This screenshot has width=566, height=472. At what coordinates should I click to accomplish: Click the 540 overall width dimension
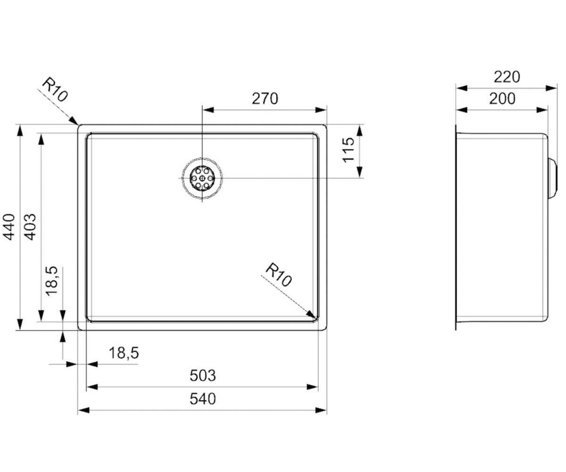point(202,399)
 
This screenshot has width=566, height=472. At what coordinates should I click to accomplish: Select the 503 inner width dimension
point(202,376)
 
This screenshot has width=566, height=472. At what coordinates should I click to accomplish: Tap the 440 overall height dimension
point(9,228)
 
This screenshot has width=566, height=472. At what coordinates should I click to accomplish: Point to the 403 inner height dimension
point(30,228)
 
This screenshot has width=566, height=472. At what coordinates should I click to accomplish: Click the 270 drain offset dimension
point(265,99)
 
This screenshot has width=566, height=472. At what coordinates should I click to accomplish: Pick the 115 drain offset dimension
point(349,150)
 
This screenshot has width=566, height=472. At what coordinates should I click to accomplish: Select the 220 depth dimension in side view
point(507,77)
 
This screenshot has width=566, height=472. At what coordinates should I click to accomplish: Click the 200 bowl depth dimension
point(502,99)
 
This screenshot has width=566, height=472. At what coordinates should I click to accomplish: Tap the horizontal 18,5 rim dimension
point(124,353)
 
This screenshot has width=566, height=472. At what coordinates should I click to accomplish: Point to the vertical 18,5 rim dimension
point(51,281)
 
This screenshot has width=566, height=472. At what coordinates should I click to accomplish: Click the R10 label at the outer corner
point(55,89)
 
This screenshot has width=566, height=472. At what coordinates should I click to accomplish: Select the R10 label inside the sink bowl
point(279,275)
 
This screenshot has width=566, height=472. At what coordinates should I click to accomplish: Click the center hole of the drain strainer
point(202,178)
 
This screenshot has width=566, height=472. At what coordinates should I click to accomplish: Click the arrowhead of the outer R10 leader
point(74,121)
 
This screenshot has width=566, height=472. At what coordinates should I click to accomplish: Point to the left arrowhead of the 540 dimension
point(83,410)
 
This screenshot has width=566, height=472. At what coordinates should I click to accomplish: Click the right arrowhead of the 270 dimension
point(321,110)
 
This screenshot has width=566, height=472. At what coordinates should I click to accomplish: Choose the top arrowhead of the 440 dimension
point(19,131)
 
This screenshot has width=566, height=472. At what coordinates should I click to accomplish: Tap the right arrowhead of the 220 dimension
point(551,88)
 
